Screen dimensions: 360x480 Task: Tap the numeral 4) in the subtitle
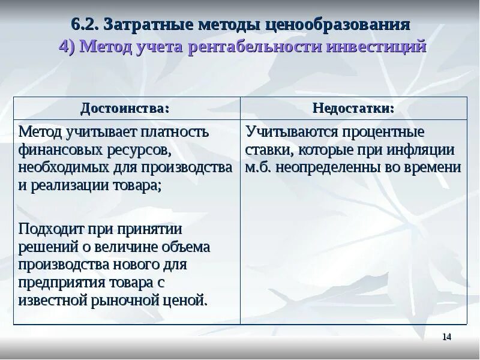click(x=67, y=47)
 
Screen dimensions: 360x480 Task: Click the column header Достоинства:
click(x=126, y=108)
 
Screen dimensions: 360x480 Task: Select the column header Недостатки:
click(x=353, y=108)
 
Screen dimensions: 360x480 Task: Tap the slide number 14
click(x=446, y=337)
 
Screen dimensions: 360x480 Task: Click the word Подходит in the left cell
click(x=47, y=229)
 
